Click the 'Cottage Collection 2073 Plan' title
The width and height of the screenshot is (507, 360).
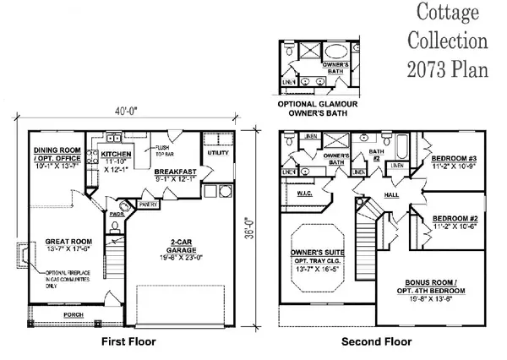point(449,41)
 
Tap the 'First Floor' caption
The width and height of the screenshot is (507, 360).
point(128,342)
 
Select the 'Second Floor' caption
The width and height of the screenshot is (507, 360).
point(376,342)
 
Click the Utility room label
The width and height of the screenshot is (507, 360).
point(217,153)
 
